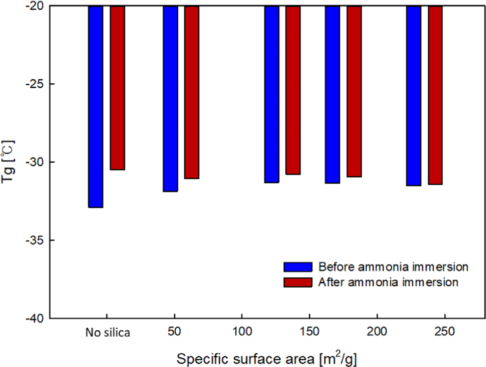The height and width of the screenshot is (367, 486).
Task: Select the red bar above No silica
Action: pos(117,88)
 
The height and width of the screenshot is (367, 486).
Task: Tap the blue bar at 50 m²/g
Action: pos(170,98)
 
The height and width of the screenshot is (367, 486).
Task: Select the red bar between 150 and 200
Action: pos(354,91)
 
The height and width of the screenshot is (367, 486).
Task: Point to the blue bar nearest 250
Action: pos(413,96)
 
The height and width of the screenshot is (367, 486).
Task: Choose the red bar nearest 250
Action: pos(435,95)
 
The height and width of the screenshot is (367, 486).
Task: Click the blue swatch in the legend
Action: pos(297,267)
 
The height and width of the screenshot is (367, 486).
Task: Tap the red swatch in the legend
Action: pos(297,282)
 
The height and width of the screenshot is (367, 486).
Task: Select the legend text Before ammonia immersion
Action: pos(393,267)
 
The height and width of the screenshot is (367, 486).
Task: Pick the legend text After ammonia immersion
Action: pos(388,282)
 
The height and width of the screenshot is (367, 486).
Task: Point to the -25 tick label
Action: pos(37,84)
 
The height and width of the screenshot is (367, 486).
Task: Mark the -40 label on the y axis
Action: pos(37,318)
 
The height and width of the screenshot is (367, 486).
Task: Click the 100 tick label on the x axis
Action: pos(242,332)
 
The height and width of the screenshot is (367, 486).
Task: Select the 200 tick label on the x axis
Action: pos(377,332)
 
